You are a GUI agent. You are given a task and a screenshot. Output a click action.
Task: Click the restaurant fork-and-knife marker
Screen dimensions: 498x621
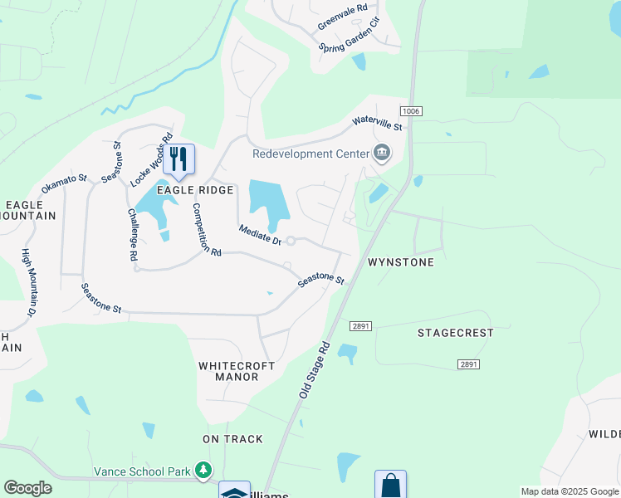178,159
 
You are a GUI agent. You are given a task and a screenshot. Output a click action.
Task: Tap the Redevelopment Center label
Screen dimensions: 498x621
311,153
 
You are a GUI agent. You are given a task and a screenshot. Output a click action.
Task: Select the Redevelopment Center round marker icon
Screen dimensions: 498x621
382,152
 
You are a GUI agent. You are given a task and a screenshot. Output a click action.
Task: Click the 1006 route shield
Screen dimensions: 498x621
410,111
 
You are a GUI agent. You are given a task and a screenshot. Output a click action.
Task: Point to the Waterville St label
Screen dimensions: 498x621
377,123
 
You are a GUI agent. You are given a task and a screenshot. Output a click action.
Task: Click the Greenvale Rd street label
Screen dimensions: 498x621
342,17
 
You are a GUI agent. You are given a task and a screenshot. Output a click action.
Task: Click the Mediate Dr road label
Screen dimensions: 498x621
261,235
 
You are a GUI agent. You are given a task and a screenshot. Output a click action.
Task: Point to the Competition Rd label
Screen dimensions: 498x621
207,229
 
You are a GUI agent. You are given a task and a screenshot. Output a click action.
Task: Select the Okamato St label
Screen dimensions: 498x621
64,183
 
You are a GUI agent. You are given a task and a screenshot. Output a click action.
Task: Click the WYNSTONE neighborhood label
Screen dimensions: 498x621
401,262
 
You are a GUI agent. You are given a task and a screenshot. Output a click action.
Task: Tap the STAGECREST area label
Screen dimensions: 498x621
455,333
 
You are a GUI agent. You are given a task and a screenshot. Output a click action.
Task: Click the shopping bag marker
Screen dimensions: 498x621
390,486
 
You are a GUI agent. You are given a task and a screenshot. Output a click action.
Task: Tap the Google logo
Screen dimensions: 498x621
27,488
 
